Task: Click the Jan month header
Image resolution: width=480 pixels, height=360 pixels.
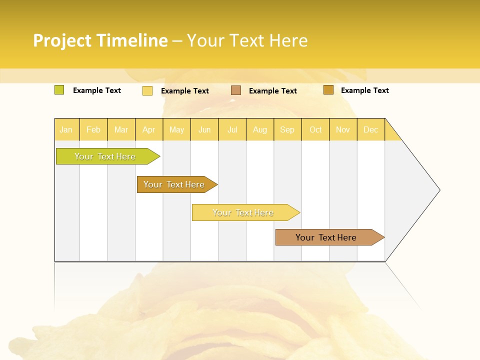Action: click(66, 129)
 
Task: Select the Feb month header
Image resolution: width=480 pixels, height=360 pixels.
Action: click(93, 129)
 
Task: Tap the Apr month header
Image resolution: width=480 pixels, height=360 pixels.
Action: click(148, 129)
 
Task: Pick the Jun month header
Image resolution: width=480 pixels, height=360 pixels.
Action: click(204, 129)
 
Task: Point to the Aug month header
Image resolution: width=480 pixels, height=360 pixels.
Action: click(259, 129)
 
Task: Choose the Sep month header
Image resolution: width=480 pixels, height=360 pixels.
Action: click(287, 129)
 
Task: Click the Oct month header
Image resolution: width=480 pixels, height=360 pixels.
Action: click(315, 129)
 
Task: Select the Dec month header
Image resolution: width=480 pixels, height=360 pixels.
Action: click(370, 129)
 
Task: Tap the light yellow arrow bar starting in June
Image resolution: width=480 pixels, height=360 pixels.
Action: click(243, 212)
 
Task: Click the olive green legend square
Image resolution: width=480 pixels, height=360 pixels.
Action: click(59, 90)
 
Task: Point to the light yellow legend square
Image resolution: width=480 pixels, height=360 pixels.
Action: click(147, 90)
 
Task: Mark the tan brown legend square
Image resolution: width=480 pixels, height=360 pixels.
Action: click(236, 90)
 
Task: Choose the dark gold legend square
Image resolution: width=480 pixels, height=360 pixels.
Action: click(328, 90)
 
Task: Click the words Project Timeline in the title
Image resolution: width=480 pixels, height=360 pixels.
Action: click(100, 40)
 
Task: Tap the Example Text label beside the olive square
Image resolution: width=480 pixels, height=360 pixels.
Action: click(97, 90)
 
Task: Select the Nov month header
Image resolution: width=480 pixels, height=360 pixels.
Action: click(342, 129)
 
